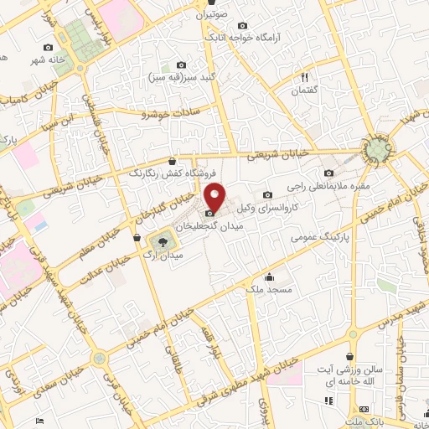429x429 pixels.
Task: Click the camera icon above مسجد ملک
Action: [269, 277]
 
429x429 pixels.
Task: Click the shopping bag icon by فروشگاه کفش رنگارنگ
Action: [172, 161]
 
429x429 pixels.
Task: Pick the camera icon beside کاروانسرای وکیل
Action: [267, 195]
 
